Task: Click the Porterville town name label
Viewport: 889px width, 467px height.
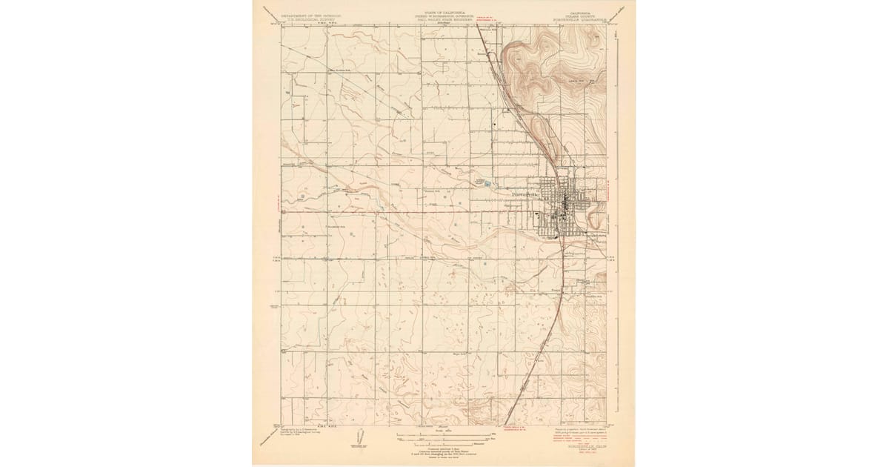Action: tap(527, 195)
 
